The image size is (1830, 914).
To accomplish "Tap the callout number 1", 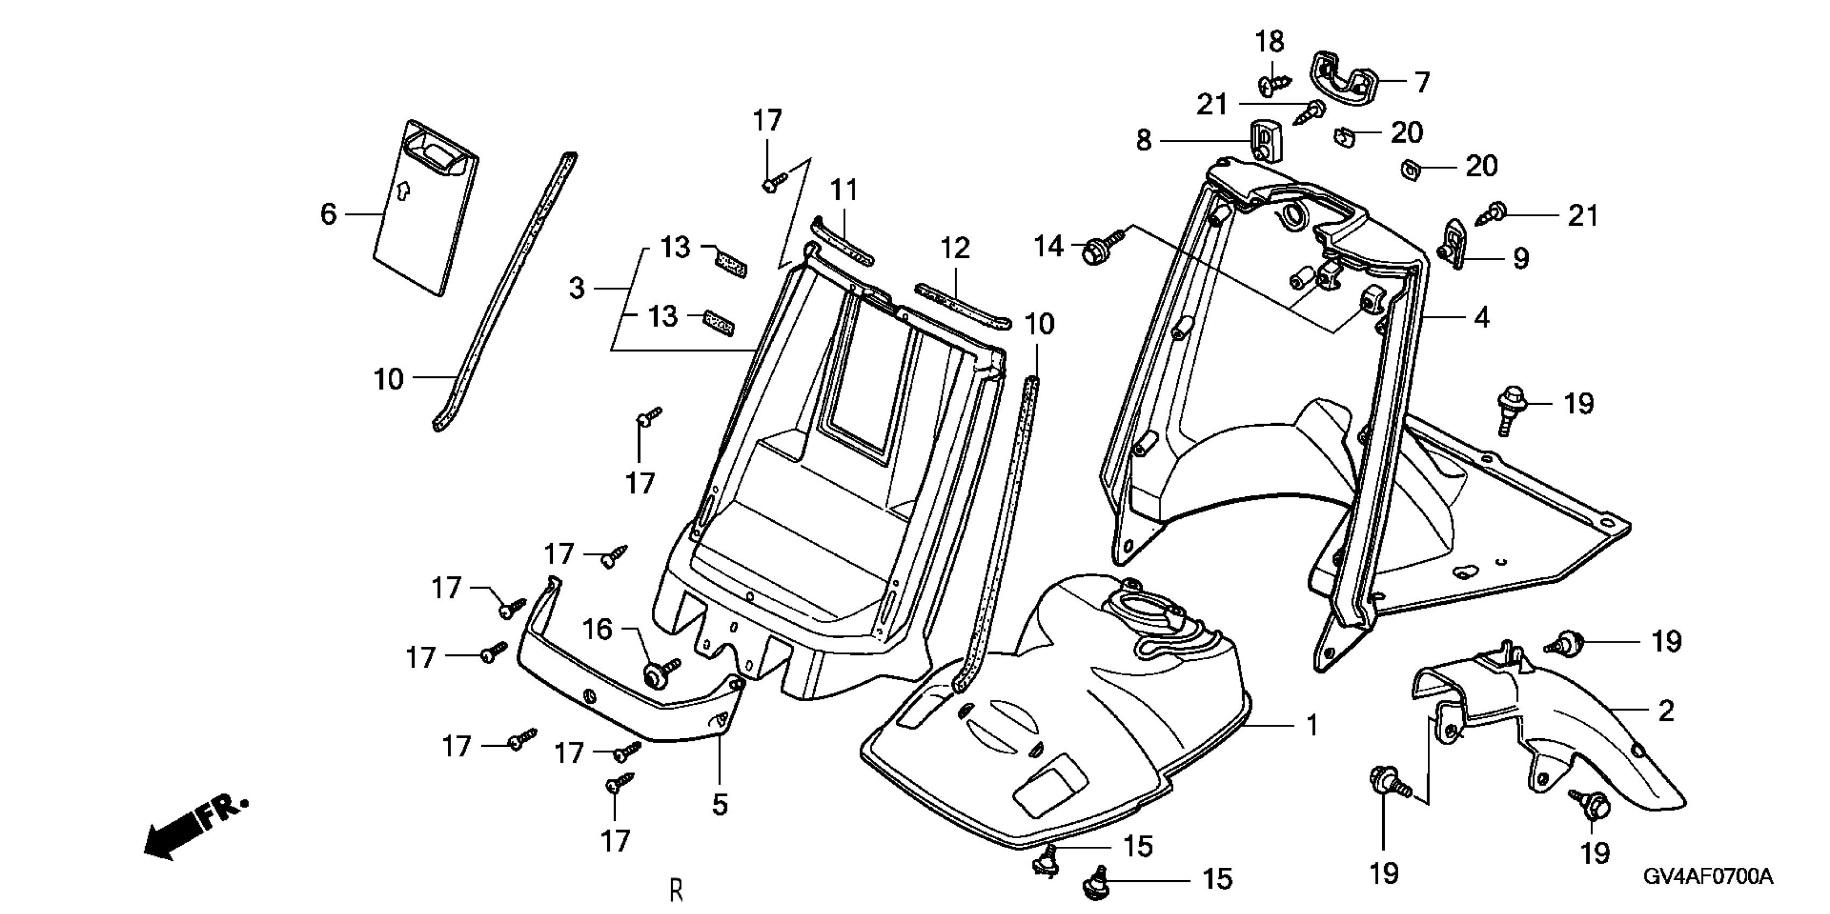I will click(1312, 725).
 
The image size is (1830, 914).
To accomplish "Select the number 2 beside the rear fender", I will click(1666, 710).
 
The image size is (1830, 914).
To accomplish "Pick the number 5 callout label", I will click(720, 805).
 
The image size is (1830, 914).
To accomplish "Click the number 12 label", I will click(955, 248).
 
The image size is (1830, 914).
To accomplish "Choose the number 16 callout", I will click(597, 629).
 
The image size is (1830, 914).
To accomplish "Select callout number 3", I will click(577, 288).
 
